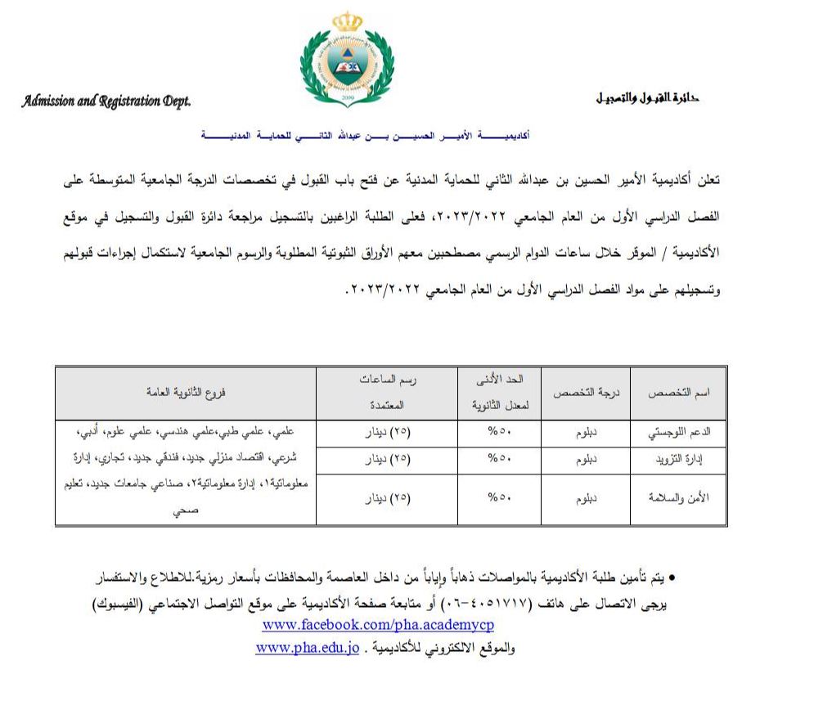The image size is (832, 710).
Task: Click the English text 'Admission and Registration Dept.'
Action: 106,101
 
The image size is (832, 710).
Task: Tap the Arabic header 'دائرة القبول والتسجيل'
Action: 647,97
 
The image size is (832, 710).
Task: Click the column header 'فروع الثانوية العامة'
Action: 185,392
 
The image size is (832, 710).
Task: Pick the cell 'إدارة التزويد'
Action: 685,460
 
